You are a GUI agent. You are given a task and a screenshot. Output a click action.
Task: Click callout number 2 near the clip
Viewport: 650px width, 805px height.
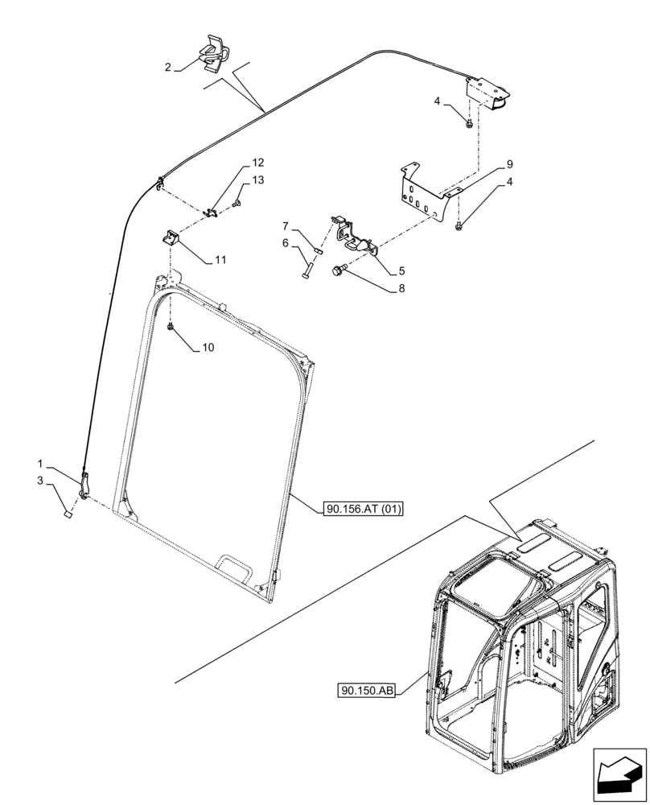click(168, 68)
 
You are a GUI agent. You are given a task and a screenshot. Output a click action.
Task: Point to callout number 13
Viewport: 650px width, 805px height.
click(257, 180)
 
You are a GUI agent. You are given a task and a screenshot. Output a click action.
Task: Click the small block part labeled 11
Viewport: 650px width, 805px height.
click(170, 237)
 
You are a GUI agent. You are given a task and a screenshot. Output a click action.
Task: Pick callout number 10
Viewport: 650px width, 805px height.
click(208, 348)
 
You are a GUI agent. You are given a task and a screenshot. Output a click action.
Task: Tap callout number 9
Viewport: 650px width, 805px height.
click(508, 164)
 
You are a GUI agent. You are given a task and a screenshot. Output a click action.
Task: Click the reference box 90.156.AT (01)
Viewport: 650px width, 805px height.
click(364, 508)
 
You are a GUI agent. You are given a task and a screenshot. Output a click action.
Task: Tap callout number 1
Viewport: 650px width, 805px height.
click(40, 464)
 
